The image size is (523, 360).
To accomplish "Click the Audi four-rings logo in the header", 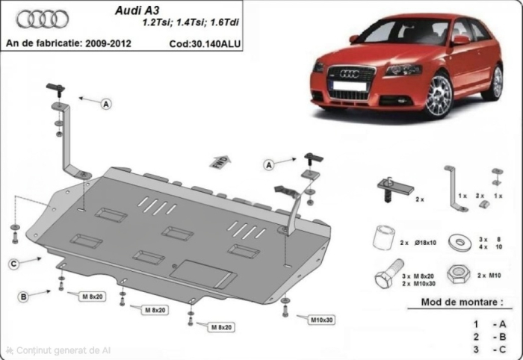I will (x=42, y=19).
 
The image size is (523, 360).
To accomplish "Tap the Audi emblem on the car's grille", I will (x=349, y=73).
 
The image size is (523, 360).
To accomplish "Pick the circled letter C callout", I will (x=14, y=263).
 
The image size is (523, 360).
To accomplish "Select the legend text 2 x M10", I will (x=486, y=276).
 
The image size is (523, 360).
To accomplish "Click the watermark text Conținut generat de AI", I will (x=63, y=350).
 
